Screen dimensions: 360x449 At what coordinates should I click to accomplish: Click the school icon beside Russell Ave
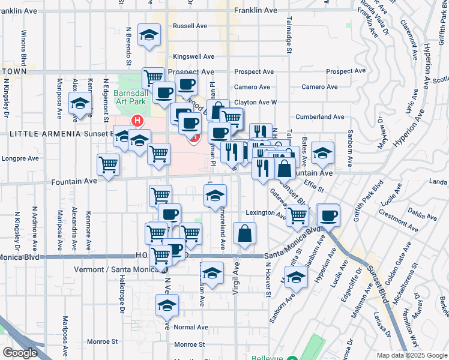point(149,35)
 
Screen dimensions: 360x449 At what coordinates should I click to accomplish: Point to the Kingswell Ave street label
point(193,56)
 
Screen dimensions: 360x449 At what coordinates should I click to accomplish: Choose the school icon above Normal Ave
point(167,305)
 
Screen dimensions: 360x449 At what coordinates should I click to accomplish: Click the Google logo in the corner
point(20,353)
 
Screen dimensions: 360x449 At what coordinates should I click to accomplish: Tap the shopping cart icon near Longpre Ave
point(108,164)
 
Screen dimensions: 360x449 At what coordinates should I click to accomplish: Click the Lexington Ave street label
point(266,213)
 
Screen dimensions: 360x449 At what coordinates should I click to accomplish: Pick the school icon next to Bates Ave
point(322,154)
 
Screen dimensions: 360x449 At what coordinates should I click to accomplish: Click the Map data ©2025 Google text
point(411,355)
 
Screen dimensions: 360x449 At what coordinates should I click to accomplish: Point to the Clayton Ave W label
point(255,103)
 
